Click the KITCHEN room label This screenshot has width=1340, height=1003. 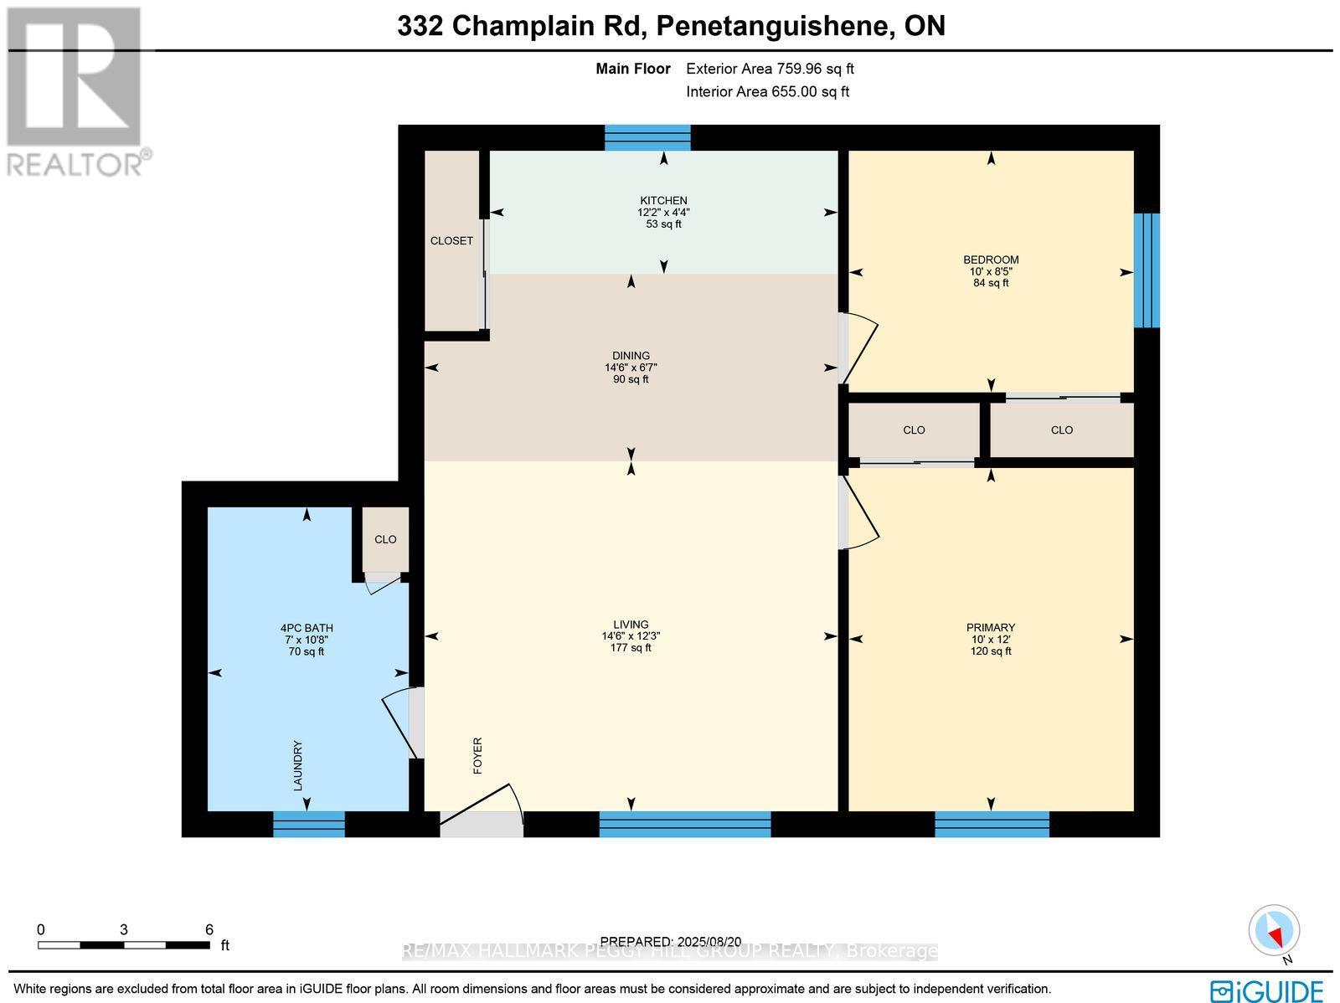[x=663, y=200]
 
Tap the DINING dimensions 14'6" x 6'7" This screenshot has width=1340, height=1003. [x=631, y=368]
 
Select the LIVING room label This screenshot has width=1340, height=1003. [x=631, y=624]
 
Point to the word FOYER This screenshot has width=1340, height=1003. [x=478, y=755]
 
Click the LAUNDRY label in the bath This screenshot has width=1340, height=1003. [x=297, y=765]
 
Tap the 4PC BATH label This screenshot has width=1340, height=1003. [x=307, y=628]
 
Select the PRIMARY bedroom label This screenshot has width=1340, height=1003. [x=991, y=627]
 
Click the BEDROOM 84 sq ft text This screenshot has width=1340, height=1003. [x=991, y=283]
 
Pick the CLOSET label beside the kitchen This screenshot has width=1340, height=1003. [x=451, y=241]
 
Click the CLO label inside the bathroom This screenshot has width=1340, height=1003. [x=385, y=539]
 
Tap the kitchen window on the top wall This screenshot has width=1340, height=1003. [x=647, y=137]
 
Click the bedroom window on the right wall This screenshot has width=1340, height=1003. [x=1147, y=270]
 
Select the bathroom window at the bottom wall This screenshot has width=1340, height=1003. [x=309, y=824]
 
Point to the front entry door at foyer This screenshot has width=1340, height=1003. [x=482, y=823]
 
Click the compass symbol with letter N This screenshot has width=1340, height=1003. [x=1274, y=931]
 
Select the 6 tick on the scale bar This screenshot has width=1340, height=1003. [x=209, y=929]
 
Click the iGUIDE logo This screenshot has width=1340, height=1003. [x=1266, y=990]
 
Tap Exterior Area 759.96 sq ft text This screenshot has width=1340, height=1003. [x=770, y=69]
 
